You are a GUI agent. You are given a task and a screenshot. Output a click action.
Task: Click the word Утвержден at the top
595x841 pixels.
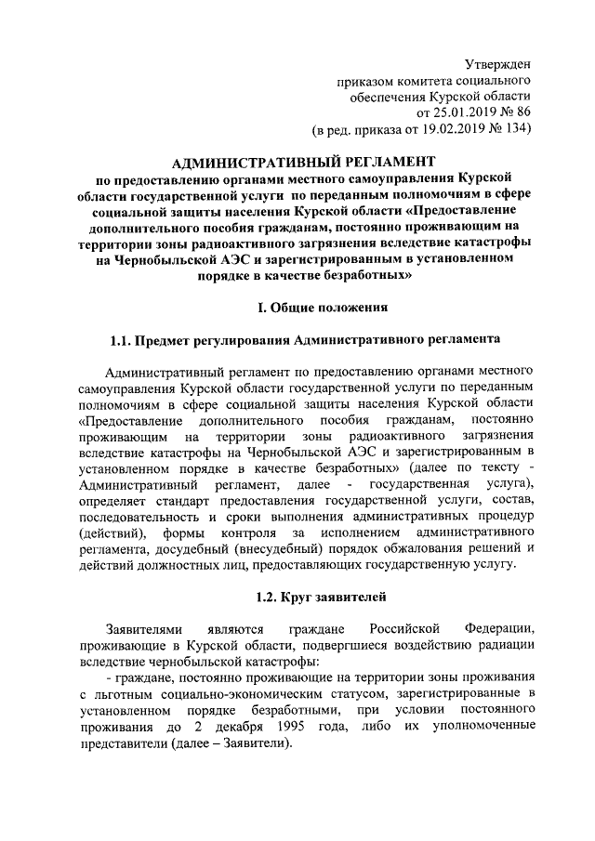[497, 63]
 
